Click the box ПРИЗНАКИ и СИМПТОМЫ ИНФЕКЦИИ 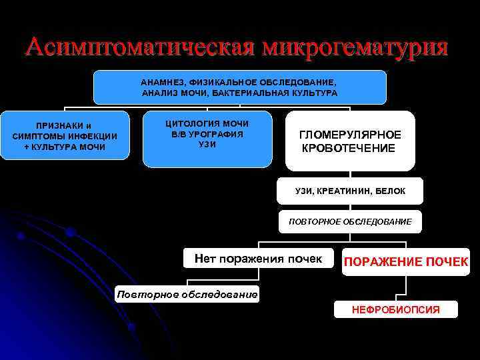65,136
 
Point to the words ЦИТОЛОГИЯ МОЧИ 207,123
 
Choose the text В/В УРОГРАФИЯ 207,134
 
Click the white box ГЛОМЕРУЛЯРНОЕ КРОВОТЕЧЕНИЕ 350,141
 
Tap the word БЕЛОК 390,191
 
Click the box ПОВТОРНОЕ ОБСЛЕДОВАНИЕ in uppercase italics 350,221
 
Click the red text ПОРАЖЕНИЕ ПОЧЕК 405,262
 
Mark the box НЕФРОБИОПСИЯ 395,309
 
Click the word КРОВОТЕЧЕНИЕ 349,147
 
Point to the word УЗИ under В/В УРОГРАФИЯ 207,145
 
